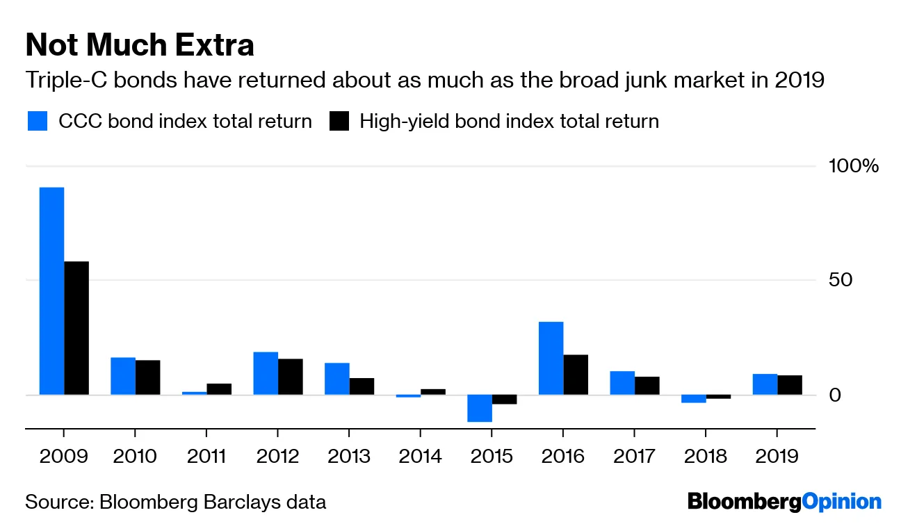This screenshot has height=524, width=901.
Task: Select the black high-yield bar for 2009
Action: click(x=76, y=328)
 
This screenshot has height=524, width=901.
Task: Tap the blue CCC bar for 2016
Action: click(x=551, y=358)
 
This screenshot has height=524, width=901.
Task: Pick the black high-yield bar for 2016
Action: click(x=576, y=375)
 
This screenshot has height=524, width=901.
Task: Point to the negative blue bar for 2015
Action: click(x=480, y=408)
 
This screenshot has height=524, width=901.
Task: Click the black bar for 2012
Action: click(x=291, y=377)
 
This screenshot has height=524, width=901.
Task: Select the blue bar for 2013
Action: click(x=336, y=379)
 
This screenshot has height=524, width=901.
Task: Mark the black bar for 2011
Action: click(x=219, y=389)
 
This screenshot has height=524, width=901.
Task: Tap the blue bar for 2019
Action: click(x=765, y=384)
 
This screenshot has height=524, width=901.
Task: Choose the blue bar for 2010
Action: click(x=123, y=376)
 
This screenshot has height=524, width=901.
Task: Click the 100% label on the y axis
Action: click(x=853, y=167)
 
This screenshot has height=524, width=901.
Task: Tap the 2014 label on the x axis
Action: click(x=420, y=457)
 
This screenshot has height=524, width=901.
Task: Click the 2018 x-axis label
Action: click(x=704, y=457)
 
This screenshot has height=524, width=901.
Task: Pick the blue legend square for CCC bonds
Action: click(x=38, y=122)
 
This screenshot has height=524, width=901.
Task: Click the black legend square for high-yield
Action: click(x=339, y=122)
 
